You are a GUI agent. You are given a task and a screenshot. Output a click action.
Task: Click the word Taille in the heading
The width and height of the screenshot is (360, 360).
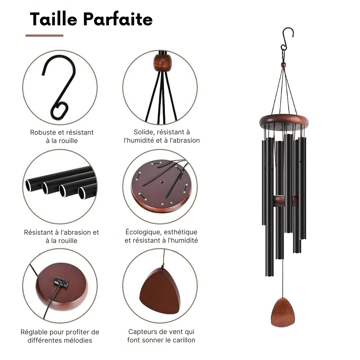coord(53,19)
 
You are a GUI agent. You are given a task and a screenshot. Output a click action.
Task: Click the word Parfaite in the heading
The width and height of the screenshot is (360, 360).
coord(118,19)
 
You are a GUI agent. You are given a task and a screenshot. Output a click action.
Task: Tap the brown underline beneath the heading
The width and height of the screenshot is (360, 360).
coord(44,36)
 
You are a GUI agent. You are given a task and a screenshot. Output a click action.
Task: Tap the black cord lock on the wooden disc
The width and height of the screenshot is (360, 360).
coord(61,282)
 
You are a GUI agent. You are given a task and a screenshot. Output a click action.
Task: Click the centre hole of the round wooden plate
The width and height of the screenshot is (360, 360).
coord(161,182)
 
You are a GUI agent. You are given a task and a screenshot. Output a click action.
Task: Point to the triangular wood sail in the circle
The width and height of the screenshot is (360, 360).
coord(160,291)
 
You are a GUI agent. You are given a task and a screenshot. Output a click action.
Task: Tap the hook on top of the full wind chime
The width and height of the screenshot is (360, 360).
coord(287,39)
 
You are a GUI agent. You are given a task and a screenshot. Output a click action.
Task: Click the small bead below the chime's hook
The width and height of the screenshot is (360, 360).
coord(284,65)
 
